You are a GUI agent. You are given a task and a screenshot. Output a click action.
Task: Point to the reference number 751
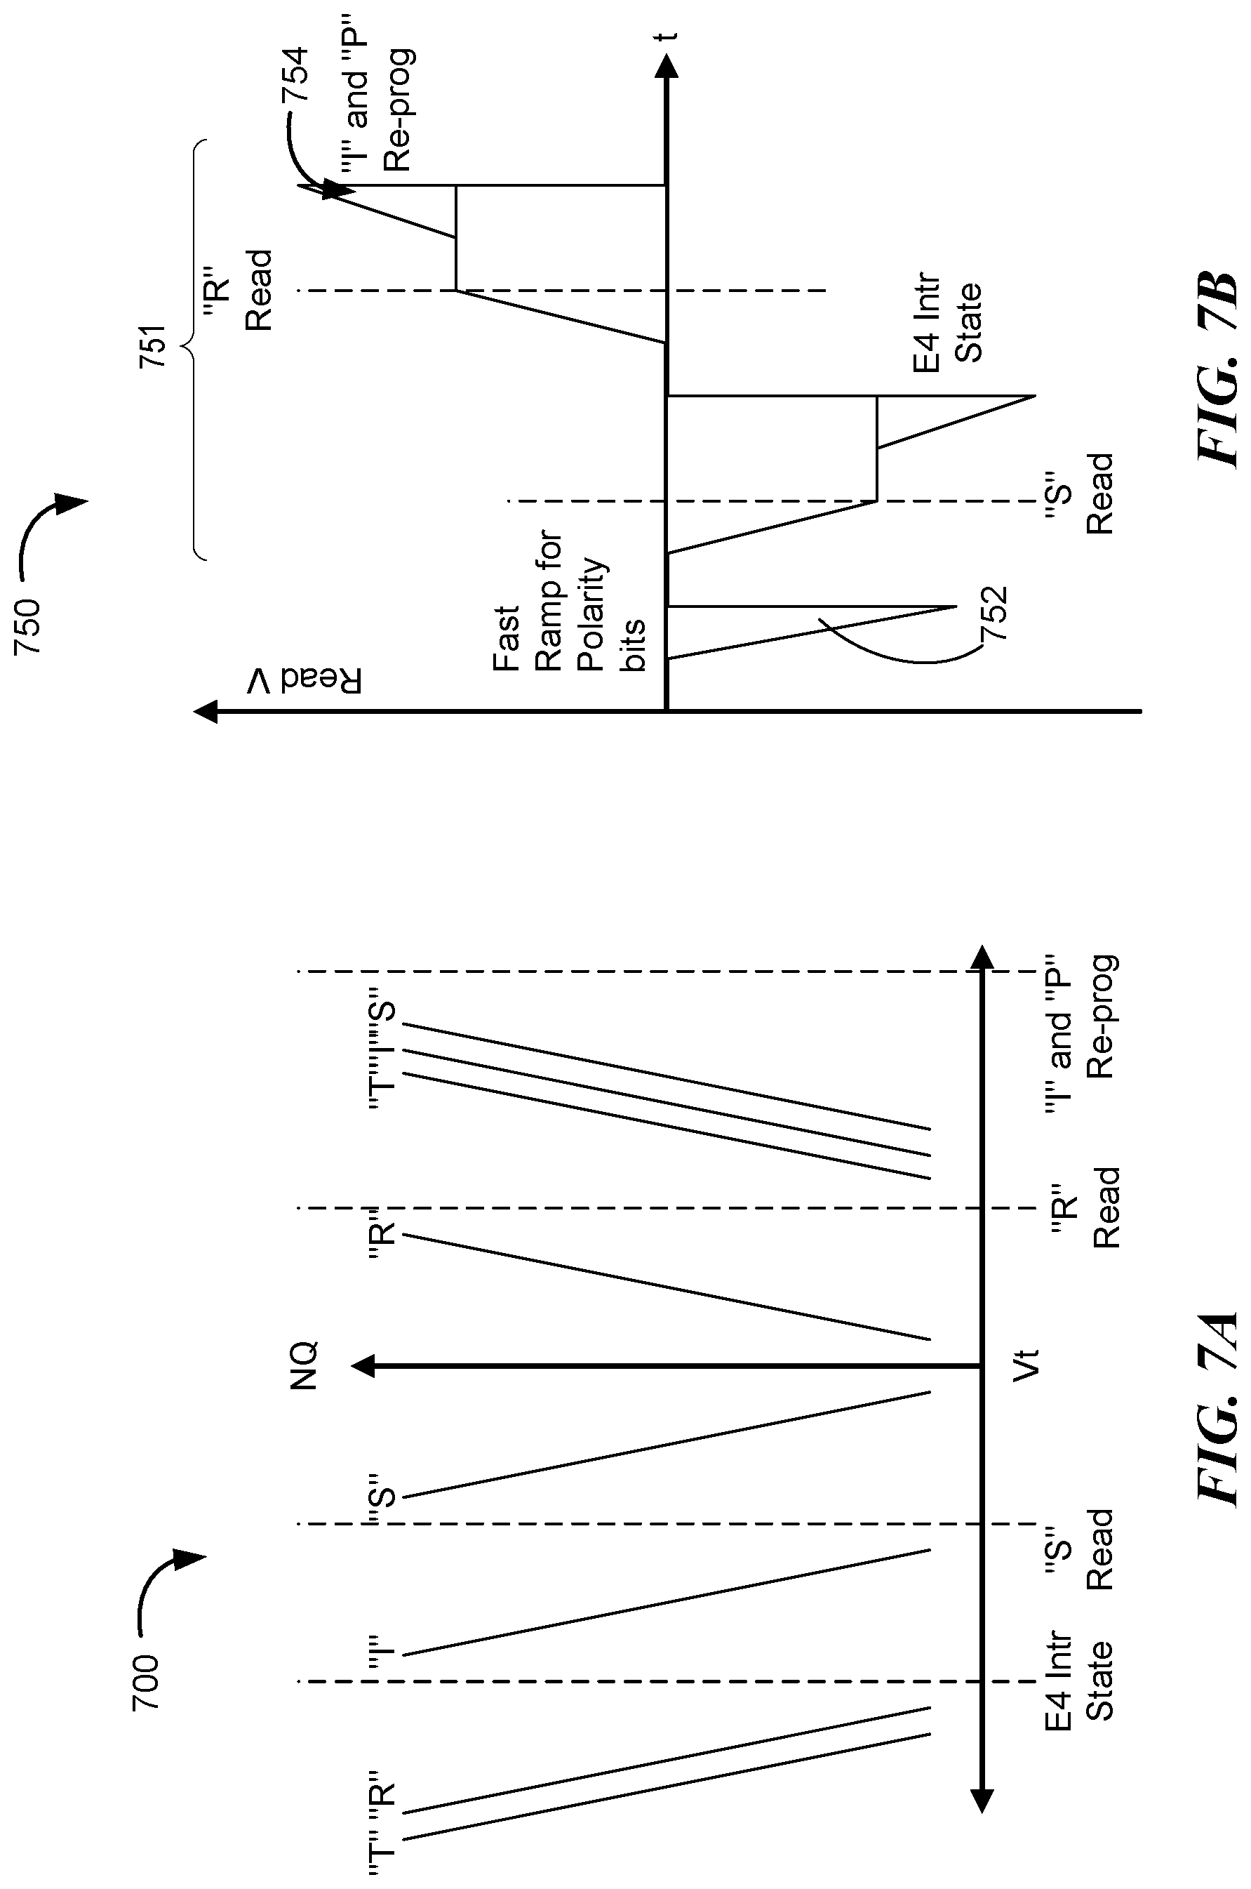[152, 345]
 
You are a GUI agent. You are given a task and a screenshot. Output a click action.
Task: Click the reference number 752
[995, 614]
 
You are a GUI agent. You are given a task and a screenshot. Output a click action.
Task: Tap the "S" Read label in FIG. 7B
[1078, 494]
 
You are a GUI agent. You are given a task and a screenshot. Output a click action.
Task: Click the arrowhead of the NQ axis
[364, 1366]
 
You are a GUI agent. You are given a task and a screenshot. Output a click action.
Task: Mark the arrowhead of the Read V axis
[206, 710]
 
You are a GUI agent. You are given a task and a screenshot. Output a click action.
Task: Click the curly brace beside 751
[192, 350]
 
